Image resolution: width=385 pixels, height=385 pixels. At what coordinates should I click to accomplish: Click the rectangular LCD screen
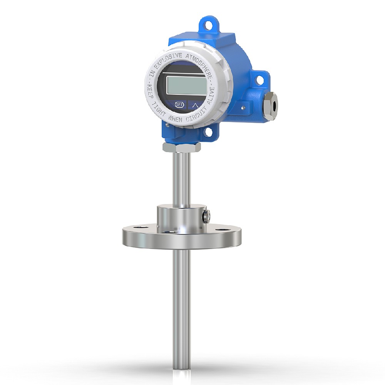[187, 85]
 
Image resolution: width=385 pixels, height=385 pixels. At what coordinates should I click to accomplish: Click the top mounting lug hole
[208, 25]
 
